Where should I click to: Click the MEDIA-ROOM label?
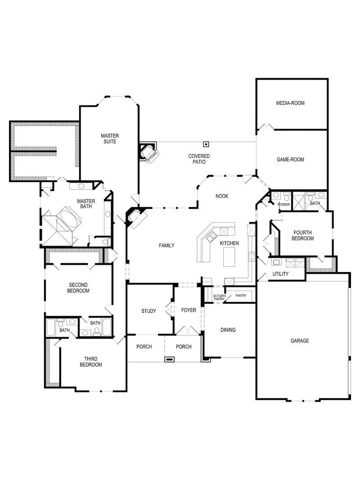coord(290,103)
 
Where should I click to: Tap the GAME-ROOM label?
coord(290,159)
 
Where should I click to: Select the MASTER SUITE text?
coord(109,139)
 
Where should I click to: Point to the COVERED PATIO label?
coord(199,159)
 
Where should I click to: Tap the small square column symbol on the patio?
coord(206,144)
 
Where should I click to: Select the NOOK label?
coord(222,196)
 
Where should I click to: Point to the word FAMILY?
coord(166,245)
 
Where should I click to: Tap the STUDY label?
coord(148,311)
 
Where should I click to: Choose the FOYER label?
coord(189,311)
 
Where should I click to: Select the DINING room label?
coord(228,330)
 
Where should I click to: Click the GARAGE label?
coord(300,341)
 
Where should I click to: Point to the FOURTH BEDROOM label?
coord(302,236)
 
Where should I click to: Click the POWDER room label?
coord(283,204)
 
